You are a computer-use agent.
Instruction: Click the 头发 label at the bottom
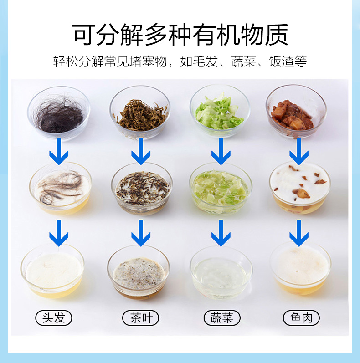[x=53, y=317]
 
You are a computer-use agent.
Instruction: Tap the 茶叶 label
[x=140, y=317]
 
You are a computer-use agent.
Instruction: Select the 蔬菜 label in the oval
[x=222, y=317]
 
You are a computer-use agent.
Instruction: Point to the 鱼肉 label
[x=301, y=317]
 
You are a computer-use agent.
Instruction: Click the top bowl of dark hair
[x=59, y=113]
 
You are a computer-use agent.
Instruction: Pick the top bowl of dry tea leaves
[x=140, y=113]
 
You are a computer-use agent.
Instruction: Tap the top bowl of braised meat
[x=296, y=112]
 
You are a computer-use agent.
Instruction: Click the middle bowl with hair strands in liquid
[x=61, y=188]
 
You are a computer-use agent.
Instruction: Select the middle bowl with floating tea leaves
[x=142, y=189]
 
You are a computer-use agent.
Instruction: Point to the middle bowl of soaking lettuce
[x=221, y=189]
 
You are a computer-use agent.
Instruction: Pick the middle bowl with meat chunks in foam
[x=300, y=188]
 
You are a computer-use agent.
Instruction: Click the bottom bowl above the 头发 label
[x=52, y=271]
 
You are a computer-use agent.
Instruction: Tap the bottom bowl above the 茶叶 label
[x=139, y=272]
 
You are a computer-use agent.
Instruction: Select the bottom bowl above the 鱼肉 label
[x=300, y=269]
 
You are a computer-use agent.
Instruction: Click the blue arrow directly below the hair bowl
[x=59, y=152]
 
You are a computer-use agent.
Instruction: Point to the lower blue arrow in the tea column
[x=141, y=233]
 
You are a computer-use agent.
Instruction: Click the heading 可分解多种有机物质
[x=180, y=35]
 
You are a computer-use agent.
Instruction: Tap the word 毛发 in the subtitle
[x=199, y=61]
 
